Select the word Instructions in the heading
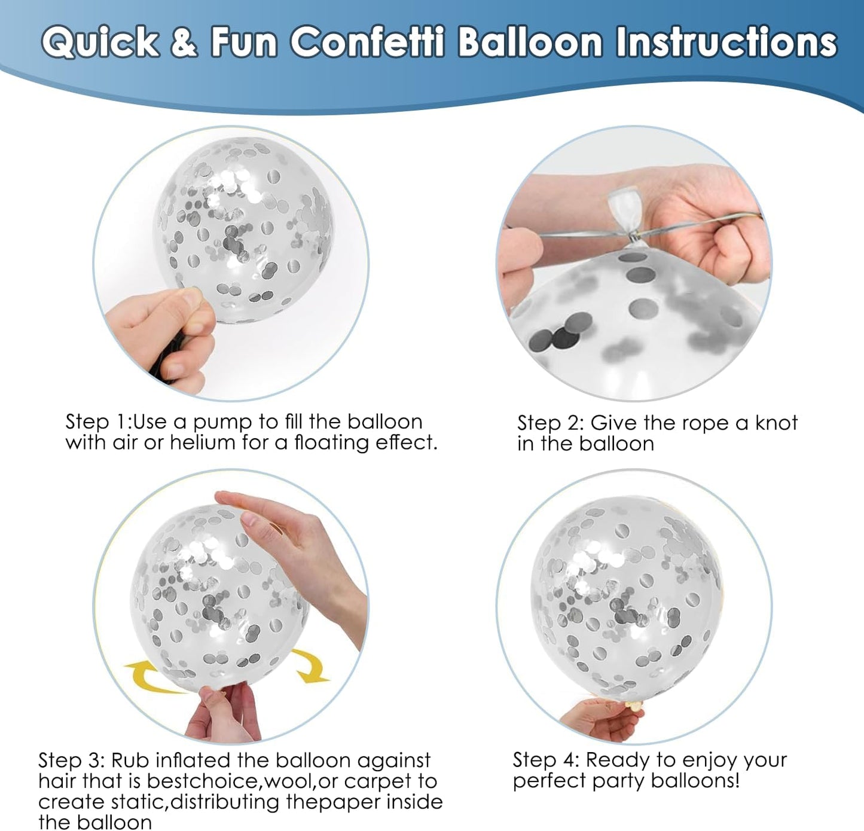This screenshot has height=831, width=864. [x=726, y=42]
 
